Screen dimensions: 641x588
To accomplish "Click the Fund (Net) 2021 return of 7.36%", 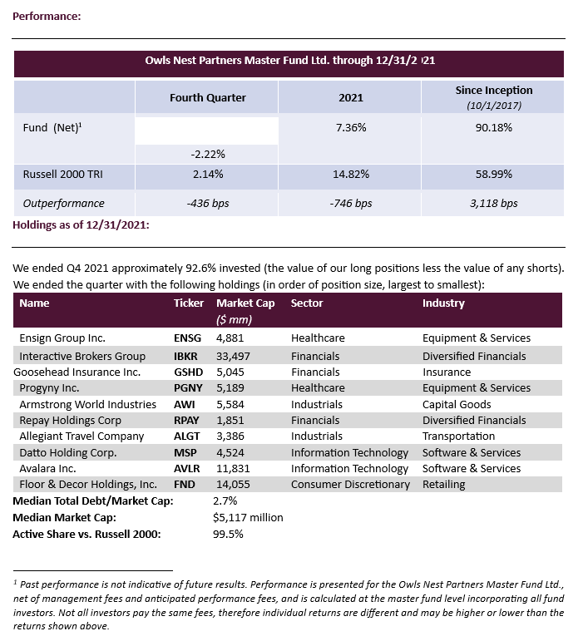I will [351, 128].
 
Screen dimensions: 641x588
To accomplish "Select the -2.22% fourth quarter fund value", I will [208, 155].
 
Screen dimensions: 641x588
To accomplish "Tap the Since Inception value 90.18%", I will [494, 128].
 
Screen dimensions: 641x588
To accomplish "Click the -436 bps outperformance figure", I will [208, 203].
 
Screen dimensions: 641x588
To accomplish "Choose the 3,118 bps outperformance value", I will [494, 203].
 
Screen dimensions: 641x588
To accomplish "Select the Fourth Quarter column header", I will [208, 98].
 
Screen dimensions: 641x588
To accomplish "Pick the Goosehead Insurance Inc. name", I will [77, 372].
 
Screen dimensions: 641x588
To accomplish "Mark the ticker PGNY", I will [188, 388].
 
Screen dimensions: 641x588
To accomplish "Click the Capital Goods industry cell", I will [457, 404].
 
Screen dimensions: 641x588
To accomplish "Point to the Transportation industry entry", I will [458, 436].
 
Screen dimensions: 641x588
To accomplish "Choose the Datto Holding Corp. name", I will [67, 453].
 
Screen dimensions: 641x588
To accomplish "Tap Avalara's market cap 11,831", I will [232, 469].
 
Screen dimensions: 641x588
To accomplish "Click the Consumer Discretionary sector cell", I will [350, 485].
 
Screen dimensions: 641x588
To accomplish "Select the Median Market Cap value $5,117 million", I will [248, 517].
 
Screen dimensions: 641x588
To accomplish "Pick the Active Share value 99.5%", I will [228, 534].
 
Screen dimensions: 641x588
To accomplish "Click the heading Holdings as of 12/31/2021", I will [81, 224].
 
